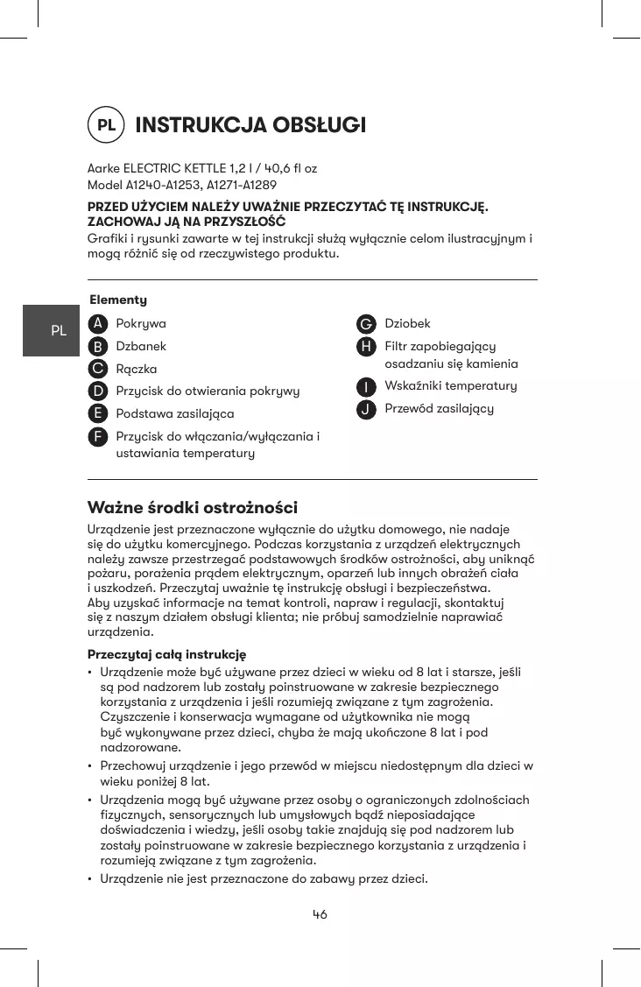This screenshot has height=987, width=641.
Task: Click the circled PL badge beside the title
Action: (106, 125)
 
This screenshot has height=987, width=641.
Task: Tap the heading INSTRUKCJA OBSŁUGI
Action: (250, 125)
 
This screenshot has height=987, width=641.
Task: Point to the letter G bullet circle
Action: (367, 324)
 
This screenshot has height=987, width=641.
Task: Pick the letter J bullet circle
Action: (367, 409)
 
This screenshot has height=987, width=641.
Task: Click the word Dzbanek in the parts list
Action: (141, 346)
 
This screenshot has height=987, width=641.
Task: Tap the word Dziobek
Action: (408, 324)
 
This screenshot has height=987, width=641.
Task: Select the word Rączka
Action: (137, 369)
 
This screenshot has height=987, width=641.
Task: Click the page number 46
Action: (320, 914)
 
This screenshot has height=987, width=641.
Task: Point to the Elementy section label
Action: (118, 300)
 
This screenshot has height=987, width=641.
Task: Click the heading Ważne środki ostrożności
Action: (193, 508)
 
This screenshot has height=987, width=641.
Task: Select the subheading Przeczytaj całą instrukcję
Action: (166, 654)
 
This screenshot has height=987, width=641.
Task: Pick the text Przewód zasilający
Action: (440, 409)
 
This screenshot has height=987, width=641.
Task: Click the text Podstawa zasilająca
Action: (175, 413)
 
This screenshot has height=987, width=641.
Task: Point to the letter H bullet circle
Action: (367, 347)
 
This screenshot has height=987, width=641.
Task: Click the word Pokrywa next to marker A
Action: (141, 323)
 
